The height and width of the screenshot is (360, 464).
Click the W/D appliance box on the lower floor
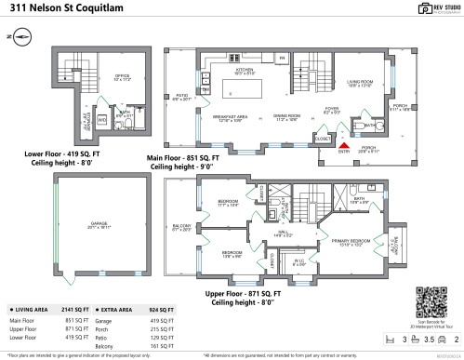101,119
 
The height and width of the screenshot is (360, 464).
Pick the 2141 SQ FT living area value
69,308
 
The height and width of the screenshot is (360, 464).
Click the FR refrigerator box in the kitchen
282,59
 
